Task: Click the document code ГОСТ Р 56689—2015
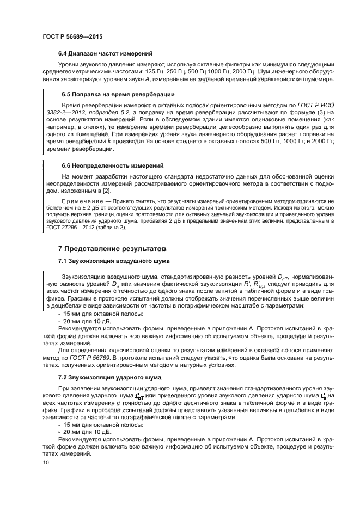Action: point(72,36)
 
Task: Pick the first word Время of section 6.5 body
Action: point(71,103)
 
